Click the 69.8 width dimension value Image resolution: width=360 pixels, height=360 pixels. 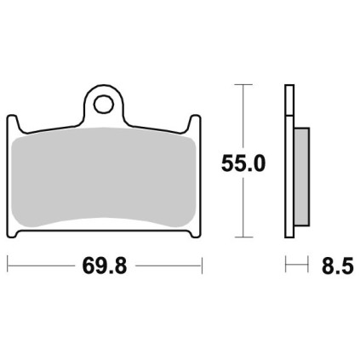click(x=105, y=266)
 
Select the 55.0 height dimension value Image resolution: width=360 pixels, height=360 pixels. click(x=243, y=163)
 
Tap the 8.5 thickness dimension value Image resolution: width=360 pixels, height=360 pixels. click(x=338, y=266)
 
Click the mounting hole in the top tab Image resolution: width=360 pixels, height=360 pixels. click(x=103, y=104)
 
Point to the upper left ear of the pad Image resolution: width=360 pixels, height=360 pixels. click(x=13, y=123)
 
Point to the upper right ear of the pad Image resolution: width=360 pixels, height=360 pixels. click(x=195, y=123)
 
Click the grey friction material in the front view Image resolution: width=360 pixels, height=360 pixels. click(x=104, y=177)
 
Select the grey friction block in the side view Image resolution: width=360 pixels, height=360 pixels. click(x=301, y=177)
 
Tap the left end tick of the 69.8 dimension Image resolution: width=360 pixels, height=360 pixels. click(x=8, y=266)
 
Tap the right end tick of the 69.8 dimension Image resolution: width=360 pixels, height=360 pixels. click(x=202, y=266)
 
